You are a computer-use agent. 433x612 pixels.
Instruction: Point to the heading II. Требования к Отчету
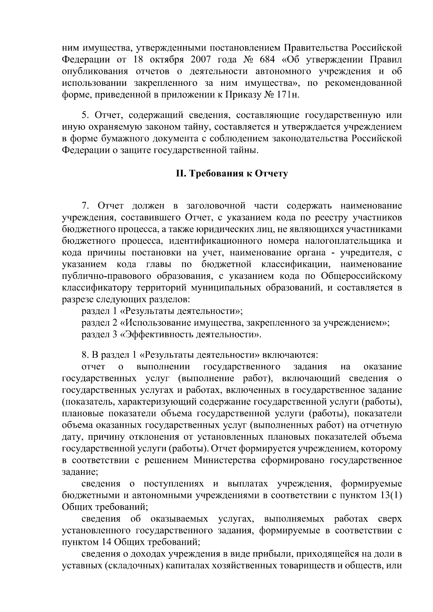232,174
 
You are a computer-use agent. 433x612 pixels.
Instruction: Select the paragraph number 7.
85,206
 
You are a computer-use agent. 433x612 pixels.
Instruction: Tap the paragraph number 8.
85,355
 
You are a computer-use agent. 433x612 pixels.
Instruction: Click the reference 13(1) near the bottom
391,495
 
